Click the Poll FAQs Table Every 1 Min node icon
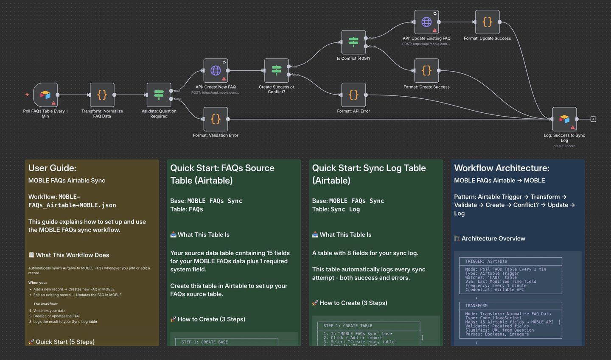pyautogui.click(x=45, y=95)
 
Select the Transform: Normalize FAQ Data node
pyautogui.click(x=102, y=95)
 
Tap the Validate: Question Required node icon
pyautogui.click(x=159, y=95)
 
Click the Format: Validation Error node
pyautogui.click(x=216, y=119)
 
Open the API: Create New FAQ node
pyautogui.click(x=216, y=70)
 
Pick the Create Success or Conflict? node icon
pyautogui.click(x=276, y=70)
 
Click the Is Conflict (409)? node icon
pyautogui.click(x=353, y=42)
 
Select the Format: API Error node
pyautogui.click(x=353, y=95)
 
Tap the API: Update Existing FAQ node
pyautogui.click(x=426, y=22)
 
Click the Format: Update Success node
pyautogui.click(x=487, y=22)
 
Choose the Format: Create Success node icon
pyautogui.click(x=426, y=70)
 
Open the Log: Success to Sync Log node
pyautogui.click(x=564, y=119)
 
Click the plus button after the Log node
pyautogui.click(x=593, y=119)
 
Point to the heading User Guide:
pyautogui.click(x=52, y=168)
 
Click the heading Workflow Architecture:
pyautogui.click(x=502, y=168)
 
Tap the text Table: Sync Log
pyautogui.click(x=336, y=209)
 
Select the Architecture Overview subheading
pyautogui.click(x=493, y=238)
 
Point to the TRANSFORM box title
pyautogui.click(x=476, y=306)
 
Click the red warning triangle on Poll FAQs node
pyautogui.click(x=53, y=103)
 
